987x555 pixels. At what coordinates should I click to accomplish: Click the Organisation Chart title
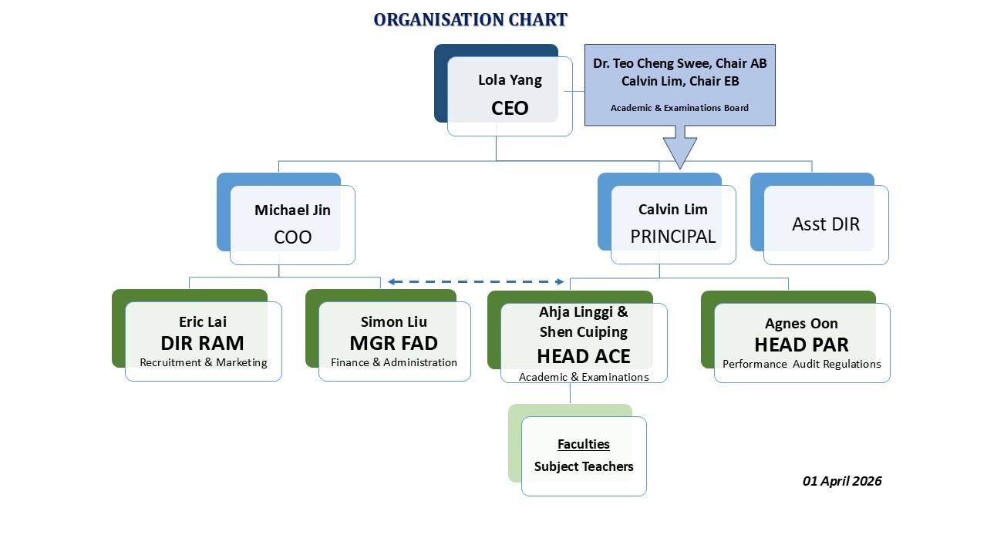pyautogui.click(x=470, y=20)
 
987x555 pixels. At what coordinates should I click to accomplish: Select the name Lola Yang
pyautogui.click(x=510, y=80)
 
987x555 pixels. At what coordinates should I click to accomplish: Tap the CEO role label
pyautogui.click(x=510, y=108)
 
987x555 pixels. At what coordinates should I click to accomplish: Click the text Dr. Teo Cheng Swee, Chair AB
pyautogui.click(x=679, y=63)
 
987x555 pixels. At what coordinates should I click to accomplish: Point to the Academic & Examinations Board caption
pyautogui.click(x=679, y=108)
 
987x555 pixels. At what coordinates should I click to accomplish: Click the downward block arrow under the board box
pyautogui.click(x=679, y=149)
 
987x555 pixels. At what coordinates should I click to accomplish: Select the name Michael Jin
pyautogui.click(x=292, y=210)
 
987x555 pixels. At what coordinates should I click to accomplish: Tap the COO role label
pyautogui.click(x=292, y=237)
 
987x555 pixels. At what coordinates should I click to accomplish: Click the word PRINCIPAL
pyautogui.click(x=673, y=237)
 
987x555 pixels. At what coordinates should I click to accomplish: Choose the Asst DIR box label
pyautogui.click(x=825, y=224)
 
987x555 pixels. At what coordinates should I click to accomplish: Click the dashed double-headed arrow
pyautogui.click(x=476, y=282)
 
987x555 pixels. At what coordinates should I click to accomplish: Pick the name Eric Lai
pyautogui.click(x=203, y=322)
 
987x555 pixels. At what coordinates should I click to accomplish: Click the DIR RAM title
pyautogui.click(x=203, y=343)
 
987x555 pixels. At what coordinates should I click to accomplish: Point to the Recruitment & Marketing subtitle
pyautogui.click(x=203, y=362)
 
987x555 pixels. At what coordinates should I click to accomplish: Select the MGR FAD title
pyautogui.click(x=394, y=343)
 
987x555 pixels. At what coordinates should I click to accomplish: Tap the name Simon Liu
pyautogui.click(x=394, y=322)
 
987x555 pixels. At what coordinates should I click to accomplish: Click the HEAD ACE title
pyautogui.click(x=584, y=356)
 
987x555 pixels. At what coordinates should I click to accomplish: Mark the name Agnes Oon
pyautogui.click(x=801, y=324)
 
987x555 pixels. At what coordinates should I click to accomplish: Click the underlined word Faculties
pyautogui.click(x=584, y=444)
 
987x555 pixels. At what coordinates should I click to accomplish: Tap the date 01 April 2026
pyautogui.click(x=842, y=481)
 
